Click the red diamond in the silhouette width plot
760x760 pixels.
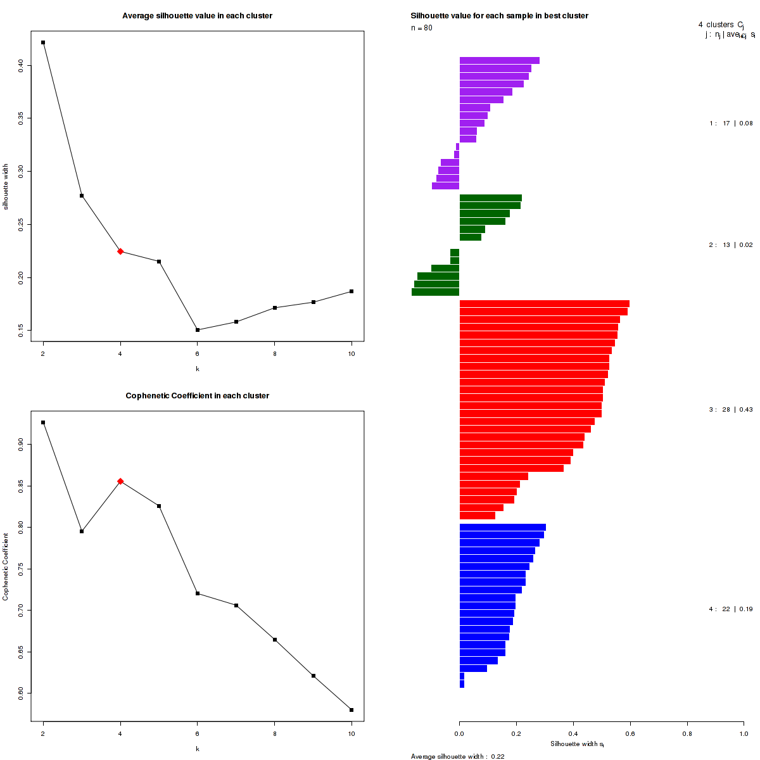120,251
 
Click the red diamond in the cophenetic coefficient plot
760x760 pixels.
120,481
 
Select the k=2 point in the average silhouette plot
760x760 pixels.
43,42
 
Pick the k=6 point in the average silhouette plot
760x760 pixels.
198,330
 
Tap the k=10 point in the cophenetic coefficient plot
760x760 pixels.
351,709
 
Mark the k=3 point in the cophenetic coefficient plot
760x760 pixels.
82,531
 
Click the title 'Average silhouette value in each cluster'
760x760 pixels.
197,15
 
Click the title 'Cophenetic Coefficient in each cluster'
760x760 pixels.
197,396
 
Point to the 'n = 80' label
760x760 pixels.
422,28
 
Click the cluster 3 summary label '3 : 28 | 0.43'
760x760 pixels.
730,410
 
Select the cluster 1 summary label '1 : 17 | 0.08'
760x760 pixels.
730,123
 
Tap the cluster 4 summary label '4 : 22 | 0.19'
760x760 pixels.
730,609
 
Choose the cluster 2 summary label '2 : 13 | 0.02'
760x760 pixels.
730,245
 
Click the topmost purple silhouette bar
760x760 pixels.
499,61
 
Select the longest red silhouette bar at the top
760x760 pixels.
544,304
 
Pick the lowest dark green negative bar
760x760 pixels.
435,292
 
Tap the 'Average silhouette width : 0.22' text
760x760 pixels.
457,756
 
